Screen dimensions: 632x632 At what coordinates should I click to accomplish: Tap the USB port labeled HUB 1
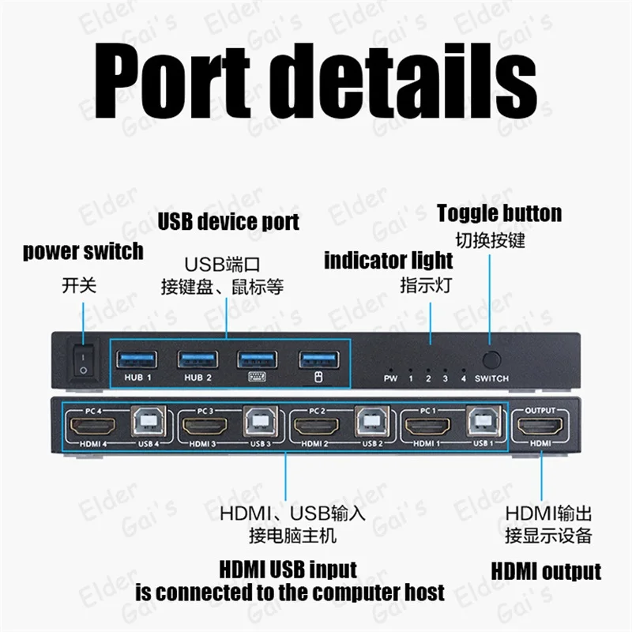(x=136, y=359)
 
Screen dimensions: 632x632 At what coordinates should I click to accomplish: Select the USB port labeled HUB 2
(x=197, y=359)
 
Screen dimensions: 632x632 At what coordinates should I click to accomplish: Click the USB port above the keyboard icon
(x=258, y=359)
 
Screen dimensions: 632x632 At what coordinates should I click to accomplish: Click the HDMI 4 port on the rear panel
(x=92, y=427)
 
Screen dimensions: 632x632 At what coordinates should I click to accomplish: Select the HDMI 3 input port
(x=205, y=427)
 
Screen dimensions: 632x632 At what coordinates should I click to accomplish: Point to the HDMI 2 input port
(x=317, y=427)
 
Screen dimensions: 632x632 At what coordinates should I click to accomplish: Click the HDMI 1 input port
(x=427, y=427)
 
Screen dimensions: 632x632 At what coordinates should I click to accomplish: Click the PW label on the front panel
(x=390, y=378)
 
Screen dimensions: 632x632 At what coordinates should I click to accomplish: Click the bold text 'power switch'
(x=83, y=252)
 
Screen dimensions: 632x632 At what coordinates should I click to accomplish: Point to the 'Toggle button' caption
(x=499, y=213)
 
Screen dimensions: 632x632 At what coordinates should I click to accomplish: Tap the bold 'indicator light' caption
(x=389, y=261)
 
